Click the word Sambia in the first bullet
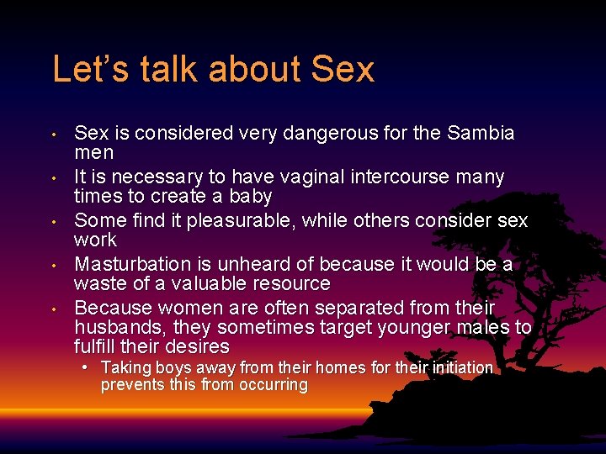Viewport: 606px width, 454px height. [x=481, y=134]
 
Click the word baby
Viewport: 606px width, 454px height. [x=250, y=197]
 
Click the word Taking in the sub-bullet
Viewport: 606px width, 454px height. [x=125, y=367]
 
